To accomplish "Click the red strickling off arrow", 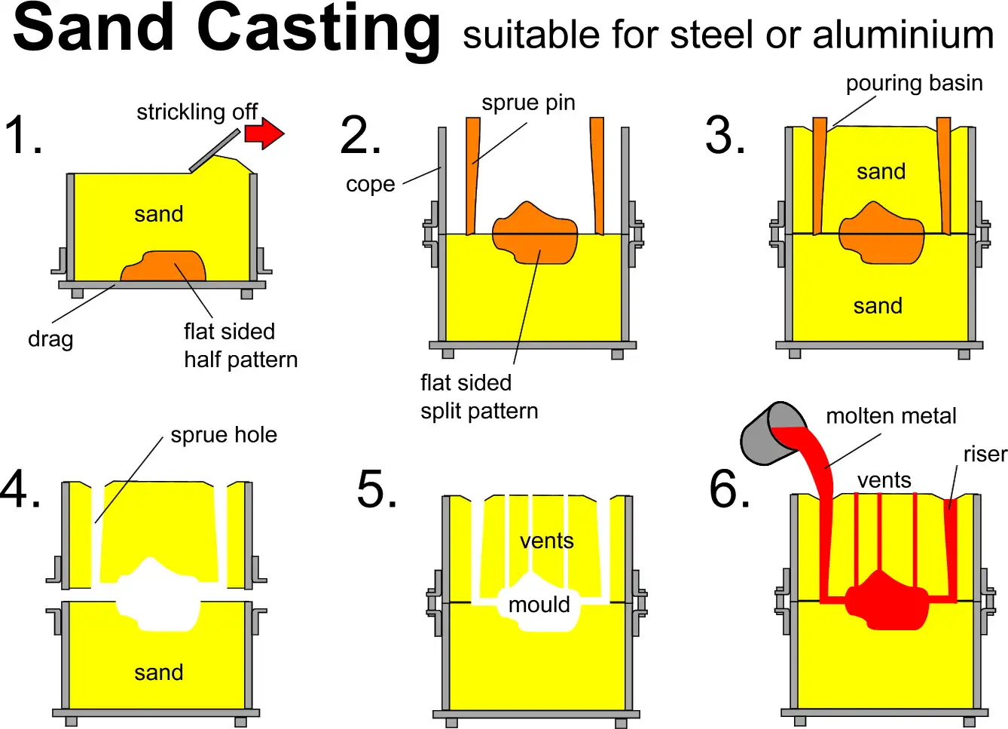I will click(x=264, y=134).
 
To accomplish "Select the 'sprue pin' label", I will click(x=528, y=103).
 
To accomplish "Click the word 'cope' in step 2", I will click(x=370, y=184).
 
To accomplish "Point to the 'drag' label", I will click(x=50, y=339).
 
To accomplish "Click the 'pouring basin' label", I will click(x=914, y=83).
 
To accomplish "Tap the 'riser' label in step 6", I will click(x=985, y=454).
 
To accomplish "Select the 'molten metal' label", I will click(x=890, y=416).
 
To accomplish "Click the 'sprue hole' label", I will click(x=224, y=435).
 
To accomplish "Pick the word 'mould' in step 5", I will click(x=539, y=605).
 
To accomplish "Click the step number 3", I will click(x=725, y=136).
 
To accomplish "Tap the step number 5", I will click(x=377, y=489).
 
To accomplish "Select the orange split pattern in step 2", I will click(x=535, y=234).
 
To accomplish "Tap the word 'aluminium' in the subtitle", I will click(x=903, y=35).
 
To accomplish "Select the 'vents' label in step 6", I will click(x=884, y=480).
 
